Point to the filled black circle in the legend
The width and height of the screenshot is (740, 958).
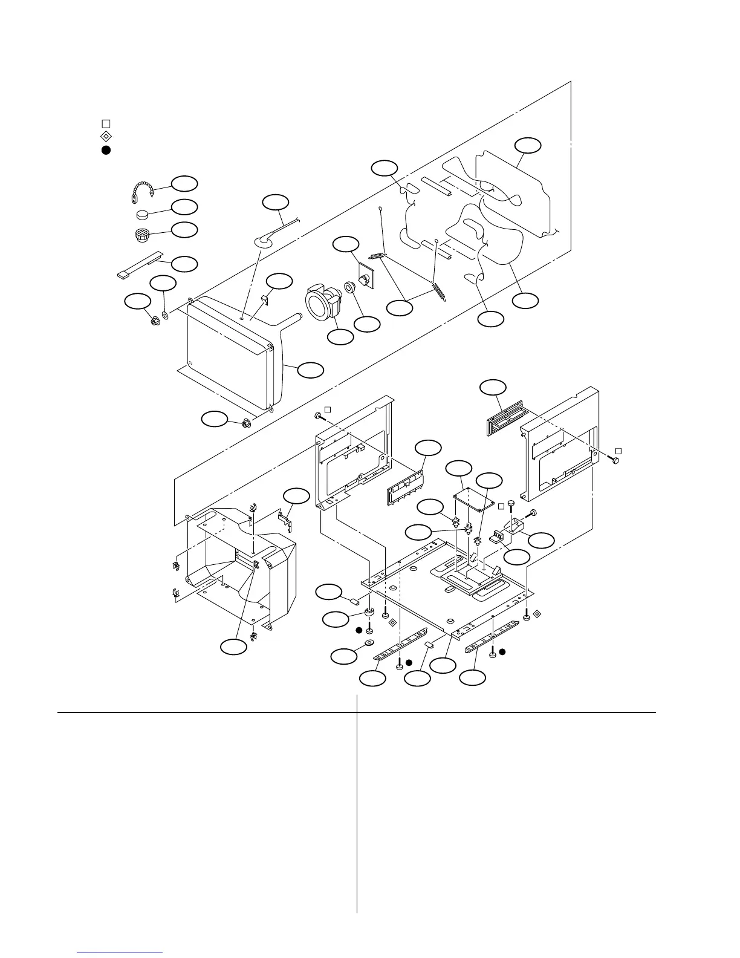tap(105, 149)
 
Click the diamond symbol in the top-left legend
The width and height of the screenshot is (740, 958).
tap(105, 136)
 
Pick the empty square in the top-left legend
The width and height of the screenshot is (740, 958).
tap(105, 123)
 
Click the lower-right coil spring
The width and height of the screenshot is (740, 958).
tap(439, 290)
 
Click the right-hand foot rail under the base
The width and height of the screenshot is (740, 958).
tap(491, 645)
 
